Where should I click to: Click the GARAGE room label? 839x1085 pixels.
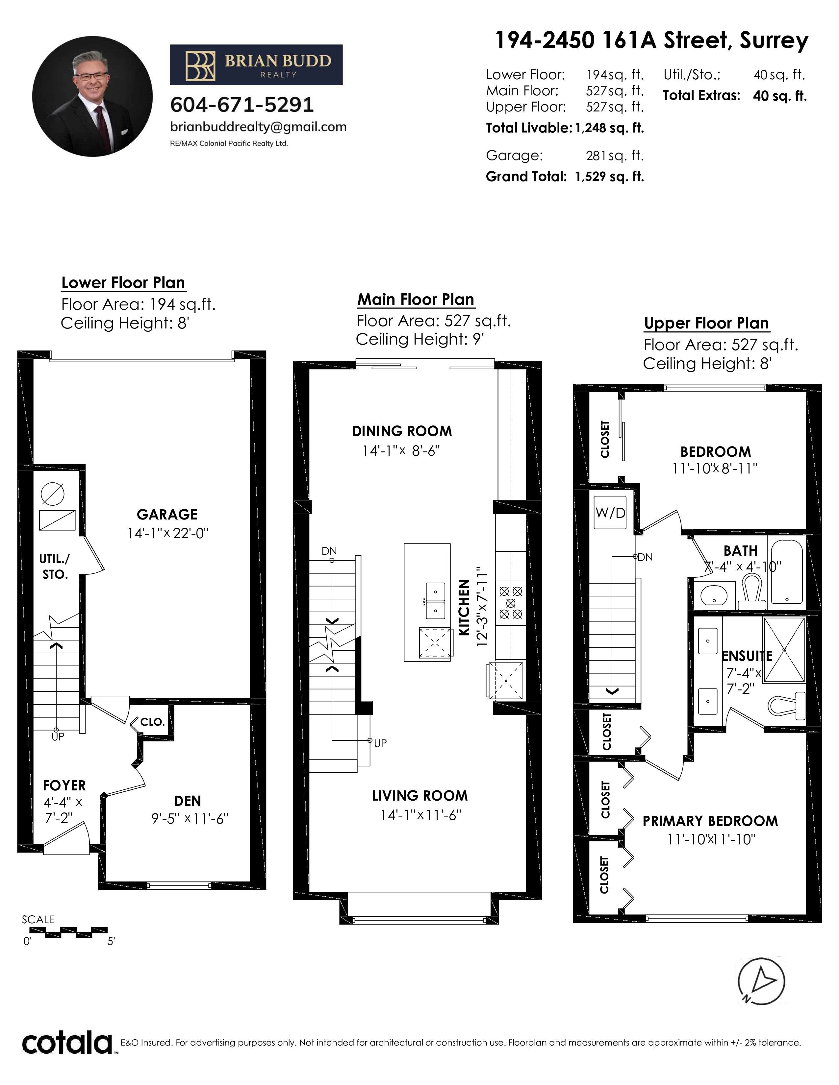[167, 514]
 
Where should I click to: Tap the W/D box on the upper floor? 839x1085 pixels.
[610, 513]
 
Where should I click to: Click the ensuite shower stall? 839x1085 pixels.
[784, 650]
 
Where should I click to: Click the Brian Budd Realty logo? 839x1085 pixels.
[256, 64]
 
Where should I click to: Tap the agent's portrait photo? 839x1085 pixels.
[92, 96]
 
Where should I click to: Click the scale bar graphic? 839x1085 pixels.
[68, 932]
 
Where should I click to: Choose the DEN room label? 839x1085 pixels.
[188, 801]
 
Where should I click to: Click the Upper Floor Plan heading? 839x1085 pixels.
[706, 324]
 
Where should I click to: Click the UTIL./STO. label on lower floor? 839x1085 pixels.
[55, 567]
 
